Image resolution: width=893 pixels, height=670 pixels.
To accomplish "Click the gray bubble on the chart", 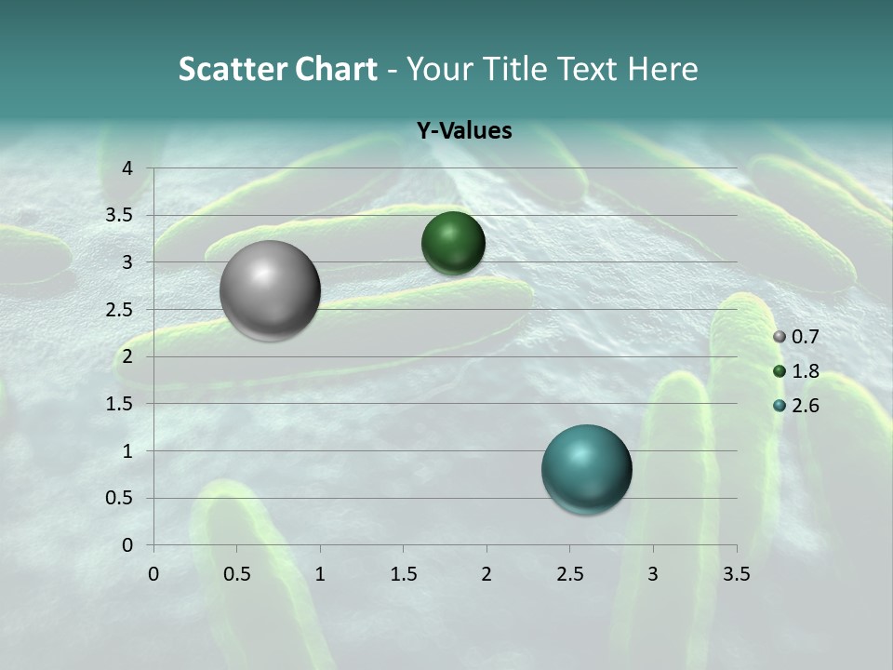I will (x=271, y=290).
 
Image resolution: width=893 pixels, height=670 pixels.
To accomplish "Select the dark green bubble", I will (x=453, y=243).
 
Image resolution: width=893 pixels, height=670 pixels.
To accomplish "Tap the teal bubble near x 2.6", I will (x=587, y=469).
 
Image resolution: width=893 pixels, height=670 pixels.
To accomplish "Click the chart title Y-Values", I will (x=463, y=131).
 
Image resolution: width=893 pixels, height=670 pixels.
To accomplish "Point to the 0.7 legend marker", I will (x=780, y=337).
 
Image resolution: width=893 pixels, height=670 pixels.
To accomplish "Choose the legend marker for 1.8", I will (x=780, y=371).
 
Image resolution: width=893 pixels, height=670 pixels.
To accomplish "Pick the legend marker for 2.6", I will (x=780, y=405).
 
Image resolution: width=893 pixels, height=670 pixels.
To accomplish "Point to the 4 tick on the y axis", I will (x=127, y=168).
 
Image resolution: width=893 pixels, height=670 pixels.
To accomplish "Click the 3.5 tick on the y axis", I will (x=121, y=216).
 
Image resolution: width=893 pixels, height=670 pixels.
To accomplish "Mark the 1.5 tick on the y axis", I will (x=121, y=404).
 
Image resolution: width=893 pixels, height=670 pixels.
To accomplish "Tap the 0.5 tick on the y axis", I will (x=121, y=498).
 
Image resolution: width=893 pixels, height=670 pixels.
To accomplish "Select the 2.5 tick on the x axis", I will (x=569, y=574).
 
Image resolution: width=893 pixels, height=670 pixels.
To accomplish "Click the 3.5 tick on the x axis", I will (x=736, y=574).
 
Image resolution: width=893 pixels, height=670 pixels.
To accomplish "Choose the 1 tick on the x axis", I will (x=320, y=574).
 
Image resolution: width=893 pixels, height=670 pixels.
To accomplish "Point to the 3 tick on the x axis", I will (x=653, y=574).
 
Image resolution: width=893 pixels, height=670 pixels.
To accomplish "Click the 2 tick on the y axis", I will (x=127, y=356).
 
